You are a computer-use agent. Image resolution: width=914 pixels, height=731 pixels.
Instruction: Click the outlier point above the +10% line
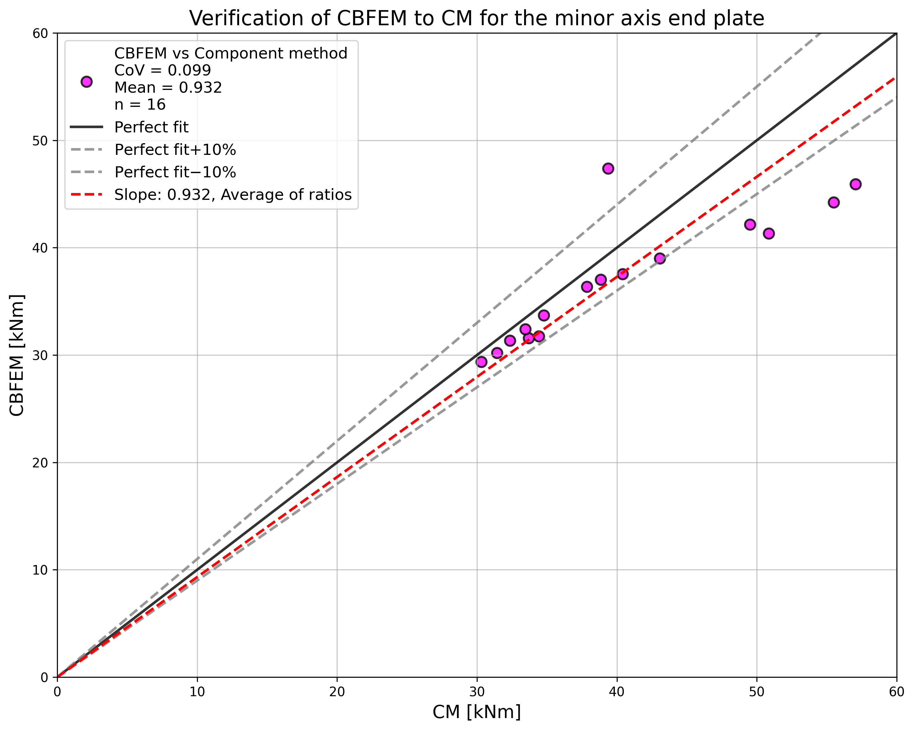click(608, 168)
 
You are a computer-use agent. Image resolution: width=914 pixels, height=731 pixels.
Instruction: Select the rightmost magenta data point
click(855, 184)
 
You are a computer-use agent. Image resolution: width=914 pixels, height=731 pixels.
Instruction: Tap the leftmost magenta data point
click(481, 362)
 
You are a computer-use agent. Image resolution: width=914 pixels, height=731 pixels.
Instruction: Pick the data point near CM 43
click(659, 258)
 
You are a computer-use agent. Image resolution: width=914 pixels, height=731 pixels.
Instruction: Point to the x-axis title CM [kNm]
click(476, 712)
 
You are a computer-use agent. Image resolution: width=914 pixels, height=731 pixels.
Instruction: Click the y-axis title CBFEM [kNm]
click(17, 355)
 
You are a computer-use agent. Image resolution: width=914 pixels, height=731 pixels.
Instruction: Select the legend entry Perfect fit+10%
click(175, 150)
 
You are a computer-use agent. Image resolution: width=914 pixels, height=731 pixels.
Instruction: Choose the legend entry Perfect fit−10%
click(175, 172)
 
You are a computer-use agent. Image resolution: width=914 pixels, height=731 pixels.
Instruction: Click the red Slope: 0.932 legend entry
click(233, 195)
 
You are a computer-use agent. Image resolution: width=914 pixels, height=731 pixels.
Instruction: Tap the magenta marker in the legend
click(86, 82)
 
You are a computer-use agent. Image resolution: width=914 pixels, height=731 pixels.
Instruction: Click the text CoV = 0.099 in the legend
click(162, 71)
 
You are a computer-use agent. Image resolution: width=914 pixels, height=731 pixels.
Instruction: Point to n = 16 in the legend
click(140, 105)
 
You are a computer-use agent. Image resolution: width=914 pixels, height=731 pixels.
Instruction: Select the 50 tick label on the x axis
click(757, 692)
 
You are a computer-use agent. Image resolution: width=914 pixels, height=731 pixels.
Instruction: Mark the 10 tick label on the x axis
click(197, 692)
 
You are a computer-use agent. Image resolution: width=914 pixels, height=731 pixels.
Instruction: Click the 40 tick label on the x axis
click(617, 692)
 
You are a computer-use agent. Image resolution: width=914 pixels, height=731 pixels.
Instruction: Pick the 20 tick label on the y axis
click(41, 463)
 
